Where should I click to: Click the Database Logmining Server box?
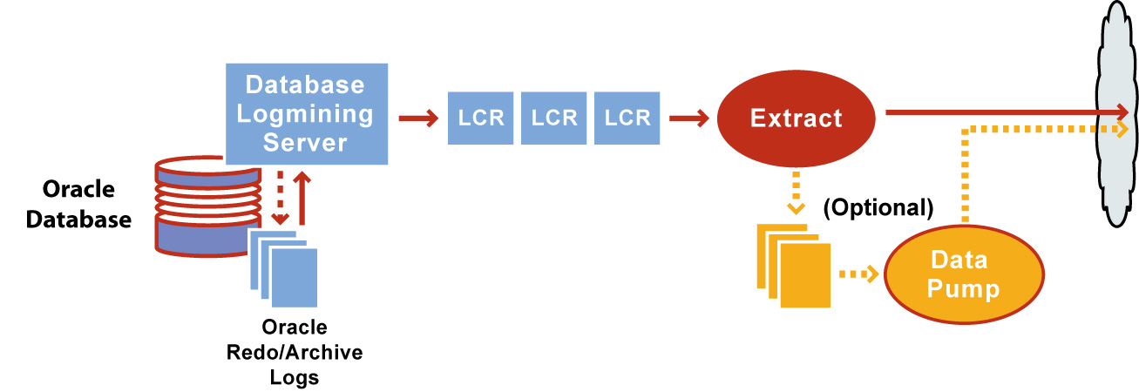pos(306,113)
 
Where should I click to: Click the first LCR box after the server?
pos(481,118)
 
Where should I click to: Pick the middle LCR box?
pos(554,118)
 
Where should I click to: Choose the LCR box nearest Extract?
pos(627,118)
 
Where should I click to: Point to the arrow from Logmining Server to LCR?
pos(418,118)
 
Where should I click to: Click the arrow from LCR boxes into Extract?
pos(688,118)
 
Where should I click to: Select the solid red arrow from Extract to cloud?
pos(1002,112)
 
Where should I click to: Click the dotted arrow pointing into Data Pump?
pos(858,274)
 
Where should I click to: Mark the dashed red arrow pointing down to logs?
pos(280,197)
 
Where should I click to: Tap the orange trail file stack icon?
pos(794,267)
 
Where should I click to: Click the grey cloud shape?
pos(1118,113)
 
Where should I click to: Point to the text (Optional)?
pos(878,209)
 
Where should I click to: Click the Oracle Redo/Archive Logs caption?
pos(295,352)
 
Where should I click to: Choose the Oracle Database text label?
pos(78,204)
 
